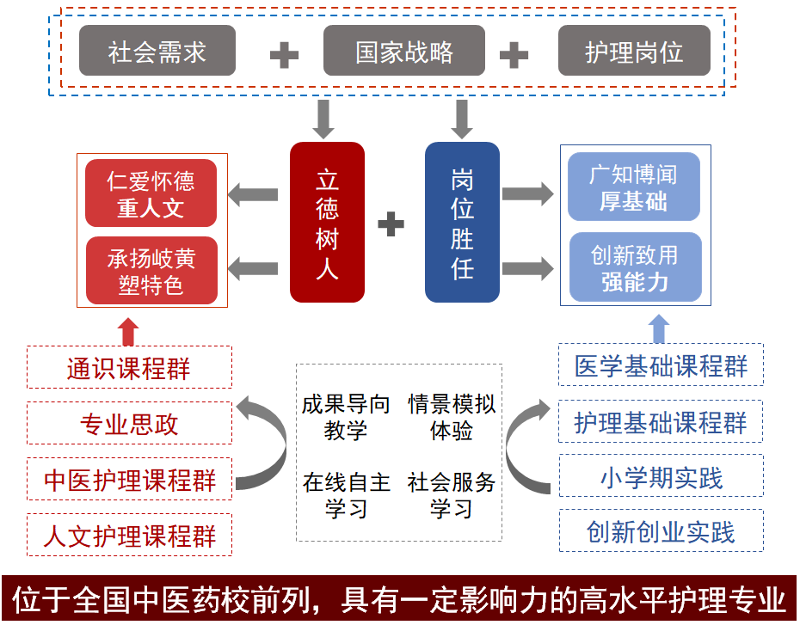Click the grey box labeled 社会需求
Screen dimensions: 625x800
tap(157, 52)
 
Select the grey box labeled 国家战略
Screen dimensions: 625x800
tap(404, 52)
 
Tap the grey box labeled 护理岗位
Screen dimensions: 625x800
tap(634, 52)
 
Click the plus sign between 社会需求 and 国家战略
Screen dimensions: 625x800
tap(284, 55)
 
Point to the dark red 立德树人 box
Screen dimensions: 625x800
tap(327, 223)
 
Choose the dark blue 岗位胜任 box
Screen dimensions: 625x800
tap(462, 223)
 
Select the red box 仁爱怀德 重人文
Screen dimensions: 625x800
tap(151, 193)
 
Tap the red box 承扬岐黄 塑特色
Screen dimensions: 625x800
tap(151, 271)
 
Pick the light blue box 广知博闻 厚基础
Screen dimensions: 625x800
tap(634, 187)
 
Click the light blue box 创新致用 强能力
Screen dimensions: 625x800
tap(634, 267)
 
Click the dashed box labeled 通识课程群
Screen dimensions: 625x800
tap(129, 368)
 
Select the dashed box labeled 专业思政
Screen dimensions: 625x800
tap(129, 424)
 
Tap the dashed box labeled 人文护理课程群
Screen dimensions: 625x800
tap(129, 536)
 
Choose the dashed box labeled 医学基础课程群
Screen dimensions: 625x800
tap(661, 365)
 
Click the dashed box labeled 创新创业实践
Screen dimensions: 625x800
tap(661, 531)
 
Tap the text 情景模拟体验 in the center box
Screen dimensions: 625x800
tap(452, 417)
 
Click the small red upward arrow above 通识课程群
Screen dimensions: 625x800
tap(128, 331)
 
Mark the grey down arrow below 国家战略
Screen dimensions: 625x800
tap(462, 118)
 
